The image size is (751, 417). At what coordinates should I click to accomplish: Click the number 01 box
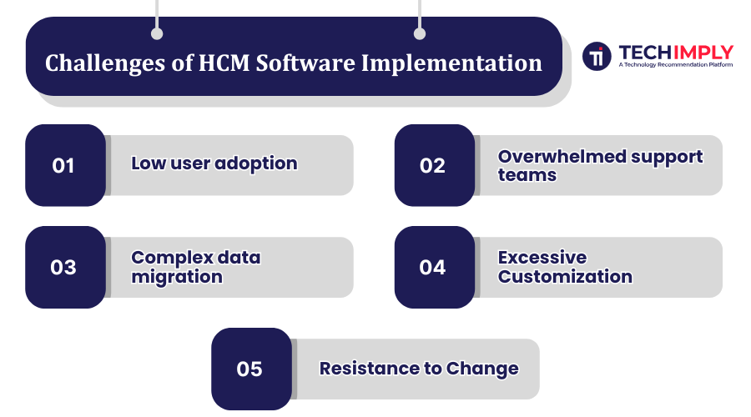click(65, 165)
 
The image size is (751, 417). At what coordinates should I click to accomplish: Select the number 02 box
click(434, 165)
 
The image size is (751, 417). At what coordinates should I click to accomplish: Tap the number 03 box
click(65, 267)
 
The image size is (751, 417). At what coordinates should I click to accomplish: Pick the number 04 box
click(434, 267)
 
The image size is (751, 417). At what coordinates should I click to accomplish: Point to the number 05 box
click(250, 369)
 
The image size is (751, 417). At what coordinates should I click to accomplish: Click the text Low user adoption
click(214, 163)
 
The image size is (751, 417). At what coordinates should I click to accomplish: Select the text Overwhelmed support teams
click(600, 165)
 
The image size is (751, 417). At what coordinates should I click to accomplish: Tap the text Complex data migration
click(195, 267)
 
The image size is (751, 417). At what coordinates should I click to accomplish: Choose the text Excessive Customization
click(564, 267)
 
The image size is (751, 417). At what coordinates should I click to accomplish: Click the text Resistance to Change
click(419, 369)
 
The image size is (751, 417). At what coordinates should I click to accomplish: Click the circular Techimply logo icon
click(597, 57)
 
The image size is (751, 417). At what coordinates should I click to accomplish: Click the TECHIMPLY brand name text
click(676, 52)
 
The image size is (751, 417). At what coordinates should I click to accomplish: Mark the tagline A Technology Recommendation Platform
click(676, 64)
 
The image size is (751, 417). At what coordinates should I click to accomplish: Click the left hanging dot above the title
click(157, 34)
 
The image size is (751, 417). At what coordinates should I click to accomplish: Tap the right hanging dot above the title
click(420, 34)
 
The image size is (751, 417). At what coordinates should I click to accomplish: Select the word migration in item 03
click(177, 277)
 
